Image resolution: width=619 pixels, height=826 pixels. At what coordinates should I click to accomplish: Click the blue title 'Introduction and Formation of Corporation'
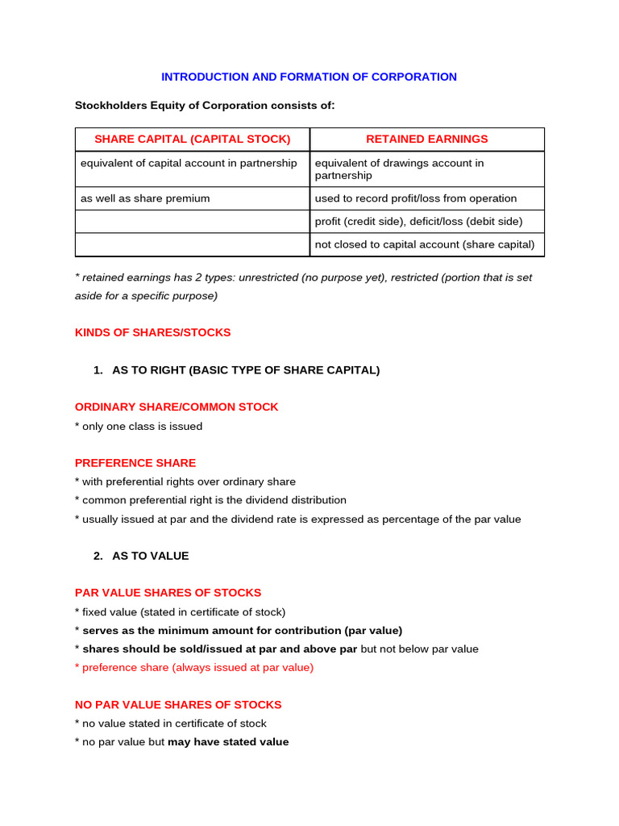click(309, 77)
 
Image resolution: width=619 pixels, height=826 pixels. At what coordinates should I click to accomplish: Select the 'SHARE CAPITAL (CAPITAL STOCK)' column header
click(192, 139)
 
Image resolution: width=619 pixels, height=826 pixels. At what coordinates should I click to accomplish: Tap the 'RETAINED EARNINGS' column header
click(426, 139)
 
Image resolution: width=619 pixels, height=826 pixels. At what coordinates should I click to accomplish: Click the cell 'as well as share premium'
click(145, 198)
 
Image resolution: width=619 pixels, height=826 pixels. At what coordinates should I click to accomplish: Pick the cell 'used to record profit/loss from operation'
click(416, 198)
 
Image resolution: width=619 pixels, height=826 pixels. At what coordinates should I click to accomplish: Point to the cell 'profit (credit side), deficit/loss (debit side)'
click(418, 221)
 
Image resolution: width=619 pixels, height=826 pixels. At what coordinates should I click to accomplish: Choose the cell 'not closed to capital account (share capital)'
click(425, 244)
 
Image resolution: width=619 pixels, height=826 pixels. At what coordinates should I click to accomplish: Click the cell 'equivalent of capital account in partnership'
click(189, 163)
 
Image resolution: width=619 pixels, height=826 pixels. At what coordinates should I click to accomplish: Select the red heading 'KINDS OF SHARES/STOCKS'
click(152, 332)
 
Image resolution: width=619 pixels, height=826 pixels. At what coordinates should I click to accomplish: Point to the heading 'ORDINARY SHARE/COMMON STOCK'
click(177, 407)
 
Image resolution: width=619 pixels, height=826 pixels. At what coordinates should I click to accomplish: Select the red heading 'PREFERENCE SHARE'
click(135, 463)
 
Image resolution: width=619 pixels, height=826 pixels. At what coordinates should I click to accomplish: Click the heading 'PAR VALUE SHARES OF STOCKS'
click(168, 593)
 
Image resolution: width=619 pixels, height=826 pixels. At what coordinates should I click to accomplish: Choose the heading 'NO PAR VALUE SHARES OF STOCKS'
click(178, 704)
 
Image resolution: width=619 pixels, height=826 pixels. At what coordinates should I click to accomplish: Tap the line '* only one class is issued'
click(139, 426)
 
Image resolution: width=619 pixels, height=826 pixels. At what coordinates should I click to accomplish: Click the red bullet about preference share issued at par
click(194, 667)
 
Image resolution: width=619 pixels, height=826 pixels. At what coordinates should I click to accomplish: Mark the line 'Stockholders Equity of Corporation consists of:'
click(205, 105)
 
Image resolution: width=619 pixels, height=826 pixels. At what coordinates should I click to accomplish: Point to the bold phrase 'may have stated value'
click(228, 741)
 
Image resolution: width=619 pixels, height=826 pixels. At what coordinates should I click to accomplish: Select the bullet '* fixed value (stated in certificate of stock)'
click(180, 611)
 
